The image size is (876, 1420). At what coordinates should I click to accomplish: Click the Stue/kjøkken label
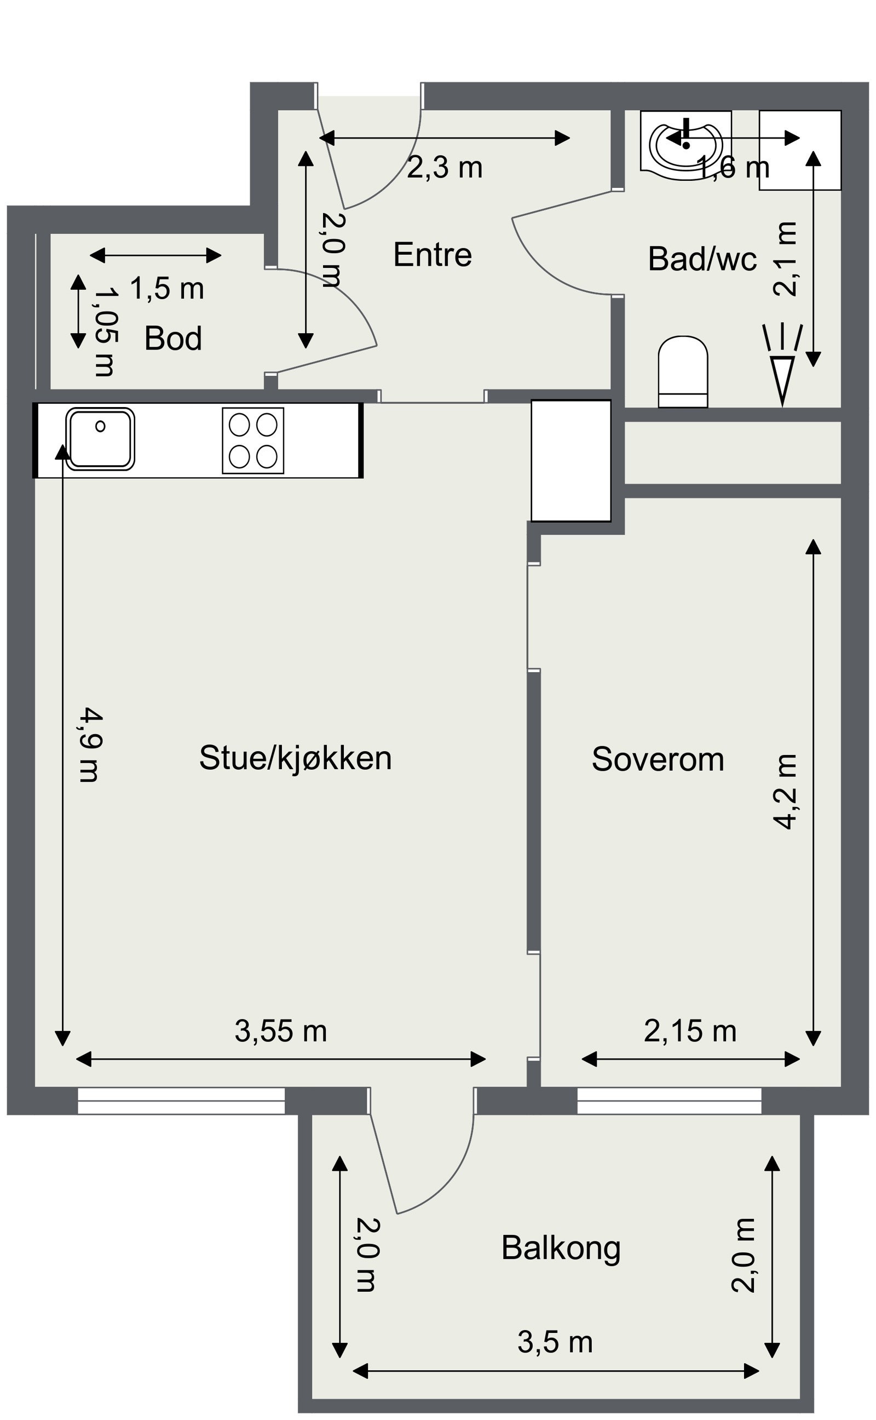tap(295, 758)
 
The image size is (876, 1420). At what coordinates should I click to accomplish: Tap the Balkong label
tap(560, 1247)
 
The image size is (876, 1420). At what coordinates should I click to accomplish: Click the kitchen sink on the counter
tap(100, 439)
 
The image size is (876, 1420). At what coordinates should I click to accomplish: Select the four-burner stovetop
tap(253, 440)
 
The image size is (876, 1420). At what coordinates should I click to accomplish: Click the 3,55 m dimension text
tap(280, 1031)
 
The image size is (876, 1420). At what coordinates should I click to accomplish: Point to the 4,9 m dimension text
tap(90, 744)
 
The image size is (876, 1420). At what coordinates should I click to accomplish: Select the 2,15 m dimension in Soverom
tap(689, 1031)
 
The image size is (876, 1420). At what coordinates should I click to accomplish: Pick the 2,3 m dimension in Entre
tap(445, 168)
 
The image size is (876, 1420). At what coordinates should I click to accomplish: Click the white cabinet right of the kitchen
tap(570, 460)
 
